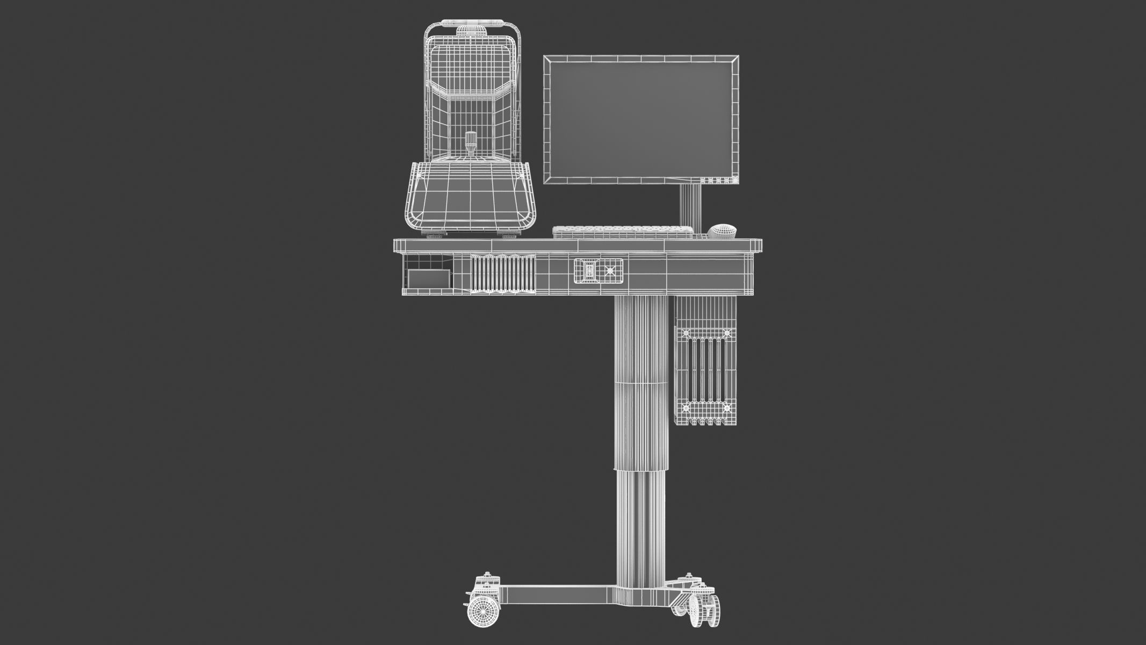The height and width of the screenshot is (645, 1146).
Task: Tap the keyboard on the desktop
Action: click(x=623, y=232)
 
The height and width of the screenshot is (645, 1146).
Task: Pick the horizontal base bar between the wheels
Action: click(x=559, y=594)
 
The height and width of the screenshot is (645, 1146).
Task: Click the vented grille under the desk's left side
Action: click(x=503, y=274)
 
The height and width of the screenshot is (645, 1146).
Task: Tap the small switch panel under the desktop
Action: click(x=598, y=271)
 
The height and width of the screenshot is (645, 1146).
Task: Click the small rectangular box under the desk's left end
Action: click(x=428, y=278)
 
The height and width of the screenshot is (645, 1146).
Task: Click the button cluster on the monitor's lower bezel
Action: click(x=717, y=180)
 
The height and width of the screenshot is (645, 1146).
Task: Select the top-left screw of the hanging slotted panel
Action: click(x=684, y=334)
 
